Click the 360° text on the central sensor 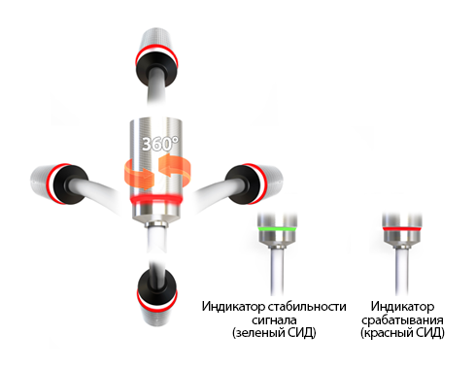coord(160,144)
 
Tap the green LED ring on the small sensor coord(277,228)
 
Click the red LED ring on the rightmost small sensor coord(402,228)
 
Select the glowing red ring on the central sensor coord(156,199)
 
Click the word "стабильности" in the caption coord(307,306)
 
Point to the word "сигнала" coord(274,320)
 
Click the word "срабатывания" coord(402,320)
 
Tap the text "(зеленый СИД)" coord(274,333)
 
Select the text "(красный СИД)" coord(402,333)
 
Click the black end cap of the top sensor coord(156,69)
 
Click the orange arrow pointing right coord(139,174)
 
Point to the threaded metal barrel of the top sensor coord(157,40)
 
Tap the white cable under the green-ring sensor coord(277,271)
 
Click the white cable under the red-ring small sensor coord(402,271)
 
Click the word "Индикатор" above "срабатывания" coord(402,306)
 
